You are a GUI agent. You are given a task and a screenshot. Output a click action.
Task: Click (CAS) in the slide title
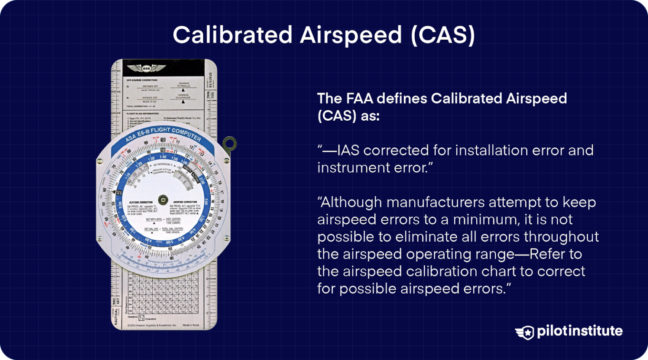coord(443,35)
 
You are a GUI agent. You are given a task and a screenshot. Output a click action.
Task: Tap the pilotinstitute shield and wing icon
coord(525,332)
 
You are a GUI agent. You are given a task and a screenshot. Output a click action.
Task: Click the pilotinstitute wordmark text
coord(580,331)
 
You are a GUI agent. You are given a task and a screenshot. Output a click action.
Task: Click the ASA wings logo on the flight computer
coord(146,68)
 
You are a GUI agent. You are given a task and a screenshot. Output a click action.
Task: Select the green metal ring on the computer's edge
coord(230,143)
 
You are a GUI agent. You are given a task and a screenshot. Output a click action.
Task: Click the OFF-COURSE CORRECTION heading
coord(142,80)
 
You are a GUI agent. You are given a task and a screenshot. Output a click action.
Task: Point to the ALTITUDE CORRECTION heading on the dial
coord(141,203)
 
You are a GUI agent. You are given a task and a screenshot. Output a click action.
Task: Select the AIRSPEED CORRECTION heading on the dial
coord(185,202)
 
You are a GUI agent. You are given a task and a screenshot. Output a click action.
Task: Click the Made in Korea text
coord(191,325)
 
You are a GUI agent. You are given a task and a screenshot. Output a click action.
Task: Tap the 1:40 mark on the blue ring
coord(163,157)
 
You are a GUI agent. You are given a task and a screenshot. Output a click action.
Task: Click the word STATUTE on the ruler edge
coord(211,79)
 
